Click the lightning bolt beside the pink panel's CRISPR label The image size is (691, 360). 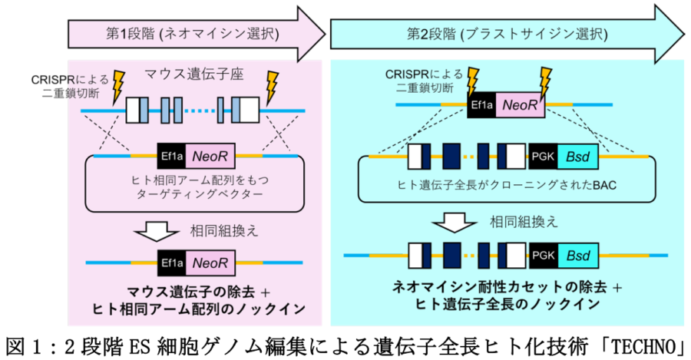pos(119,87)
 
